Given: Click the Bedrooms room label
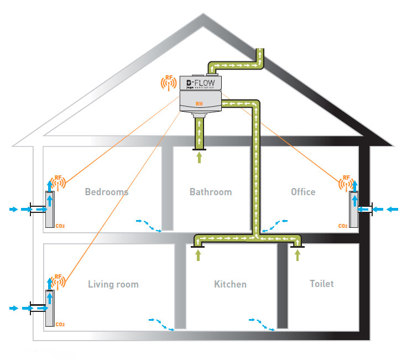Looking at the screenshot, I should (x=106, y=192).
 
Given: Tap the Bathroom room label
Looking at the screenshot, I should (x=211, y=192).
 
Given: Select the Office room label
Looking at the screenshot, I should (x=303, y=192).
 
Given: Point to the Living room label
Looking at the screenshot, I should (x=113, y=284).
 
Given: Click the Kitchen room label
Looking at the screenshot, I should (x=230, y=284).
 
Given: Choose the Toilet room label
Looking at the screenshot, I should (x=321, y=284).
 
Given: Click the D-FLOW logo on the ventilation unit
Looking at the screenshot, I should (x=201, y=84).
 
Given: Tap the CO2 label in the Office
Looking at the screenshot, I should (x=343, y=226).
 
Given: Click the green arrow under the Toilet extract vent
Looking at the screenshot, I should (x=298, y=254).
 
